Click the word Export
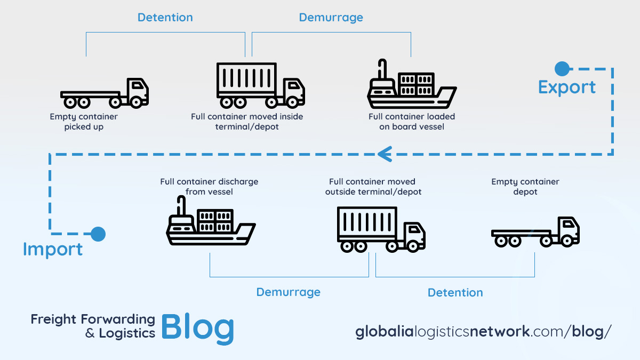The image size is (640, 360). [566, 87]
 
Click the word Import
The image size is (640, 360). [53, 249]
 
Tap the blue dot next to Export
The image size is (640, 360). [562, 68]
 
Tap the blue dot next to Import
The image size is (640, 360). [98, 234]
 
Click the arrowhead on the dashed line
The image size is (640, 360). [385, 154]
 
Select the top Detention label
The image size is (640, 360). [165, 17]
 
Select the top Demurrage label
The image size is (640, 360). [331, 17]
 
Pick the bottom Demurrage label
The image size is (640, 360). [288, 292]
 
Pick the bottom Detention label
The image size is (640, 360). [455, 292]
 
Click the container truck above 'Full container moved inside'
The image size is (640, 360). [260, 85]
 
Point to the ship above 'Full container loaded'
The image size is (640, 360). [411, 86]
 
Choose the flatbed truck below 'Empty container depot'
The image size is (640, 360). [535, 233]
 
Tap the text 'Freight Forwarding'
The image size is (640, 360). [93, 319]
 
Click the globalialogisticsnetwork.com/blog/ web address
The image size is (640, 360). [483, 331]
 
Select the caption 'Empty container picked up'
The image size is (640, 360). [84, 122]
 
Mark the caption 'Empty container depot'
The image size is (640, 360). [525, 187]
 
